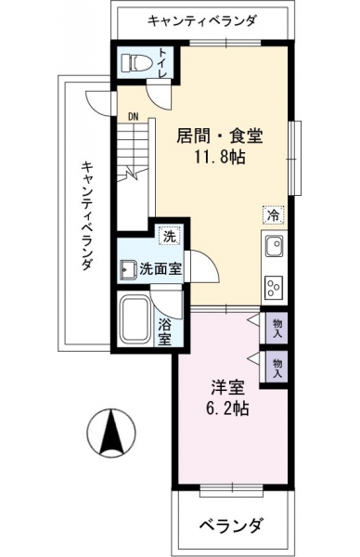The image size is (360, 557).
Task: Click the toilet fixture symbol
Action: pos(133,63)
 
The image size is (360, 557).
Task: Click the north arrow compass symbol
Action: pos(111,433)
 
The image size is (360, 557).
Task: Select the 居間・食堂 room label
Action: pos(220,136)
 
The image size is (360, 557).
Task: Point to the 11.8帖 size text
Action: pos(219,156)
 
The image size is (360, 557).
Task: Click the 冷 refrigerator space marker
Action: pos(274,215)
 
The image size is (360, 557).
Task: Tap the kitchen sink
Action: pos(274,246)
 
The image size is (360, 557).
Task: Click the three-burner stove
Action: pos(274,286)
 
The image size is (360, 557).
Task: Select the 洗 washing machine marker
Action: pos(170,236)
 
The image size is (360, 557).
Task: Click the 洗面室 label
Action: pos(161,269)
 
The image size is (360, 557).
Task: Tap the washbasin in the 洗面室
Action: pos(128,270)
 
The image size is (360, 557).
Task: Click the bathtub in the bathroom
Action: pos(135,319)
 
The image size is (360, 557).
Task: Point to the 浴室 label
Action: pos(165,331)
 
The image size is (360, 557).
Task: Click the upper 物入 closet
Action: pos(276,329)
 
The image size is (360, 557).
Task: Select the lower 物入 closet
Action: pos(276,368)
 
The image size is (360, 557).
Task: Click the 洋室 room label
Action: pos(228,387)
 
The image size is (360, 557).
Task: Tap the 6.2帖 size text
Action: pos(227,408)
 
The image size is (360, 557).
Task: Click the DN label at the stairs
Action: pos(134,116)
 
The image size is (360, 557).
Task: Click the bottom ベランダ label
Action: pos(231,525)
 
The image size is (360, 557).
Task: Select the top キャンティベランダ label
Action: pos(201,20)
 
